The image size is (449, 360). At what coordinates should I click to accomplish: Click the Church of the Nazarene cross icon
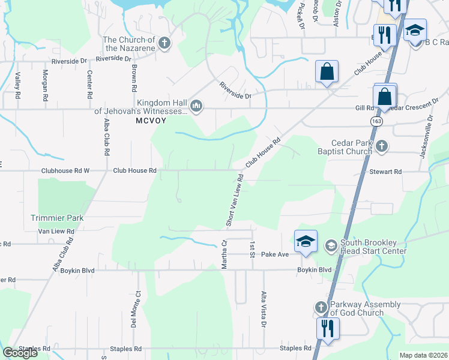(x=164, y=43)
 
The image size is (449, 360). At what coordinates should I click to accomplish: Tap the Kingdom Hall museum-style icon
(x=196, y=107)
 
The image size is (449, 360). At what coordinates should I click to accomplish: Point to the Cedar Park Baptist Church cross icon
(x=381, y=146)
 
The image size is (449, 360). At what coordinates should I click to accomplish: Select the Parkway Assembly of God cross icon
(x=321, y=308)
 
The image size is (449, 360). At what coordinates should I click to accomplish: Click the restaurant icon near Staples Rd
(x=327, y=329)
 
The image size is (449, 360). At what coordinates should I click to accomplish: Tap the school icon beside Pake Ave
(x=306, y=242)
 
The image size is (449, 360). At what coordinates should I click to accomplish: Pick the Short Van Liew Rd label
(x=234, y=200)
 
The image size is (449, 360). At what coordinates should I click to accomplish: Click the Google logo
(x=20, y=353)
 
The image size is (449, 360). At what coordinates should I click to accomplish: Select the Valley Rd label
(x=18, y=86)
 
